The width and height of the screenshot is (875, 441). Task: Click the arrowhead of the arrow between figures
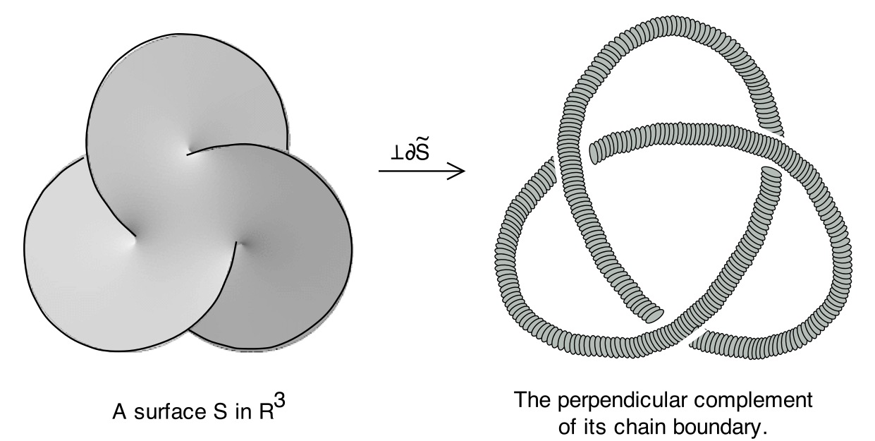click(460, 171)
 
